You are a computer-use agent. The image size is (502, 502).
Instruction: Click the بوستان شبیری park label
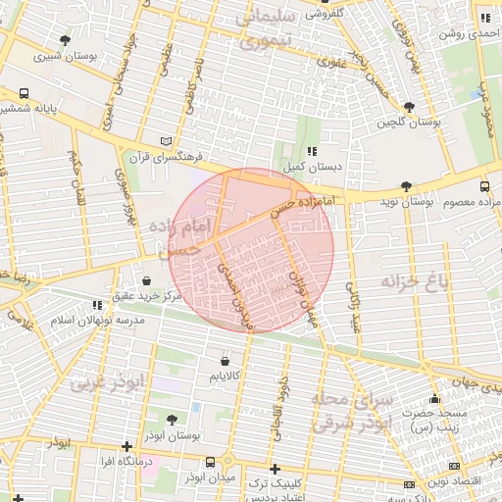coord(65,56)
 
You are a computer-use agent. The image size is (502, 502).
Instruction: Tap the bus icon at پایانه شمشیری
coord(24,95)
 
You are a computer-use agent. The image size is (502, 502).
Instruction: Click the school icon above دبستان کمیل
coord(312,151)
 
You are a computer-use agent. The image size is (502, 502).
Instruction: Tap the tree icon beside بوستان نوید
coord(405,185)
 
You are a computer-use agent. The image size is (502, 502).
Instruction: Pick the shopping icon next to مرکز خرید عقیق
coord(146,281)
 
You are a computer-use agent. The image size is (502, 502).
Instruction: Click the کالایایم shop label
coord(226,376)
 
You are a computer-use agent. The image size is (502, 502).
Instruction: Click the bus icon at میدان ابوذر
coord(210,461)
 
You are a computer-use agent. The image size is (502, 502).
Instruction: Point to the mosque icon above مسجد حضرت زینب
coord(434,399)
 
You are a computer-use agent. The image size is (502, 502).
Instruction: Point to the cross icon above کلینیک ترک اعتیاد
coord(275,469)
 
